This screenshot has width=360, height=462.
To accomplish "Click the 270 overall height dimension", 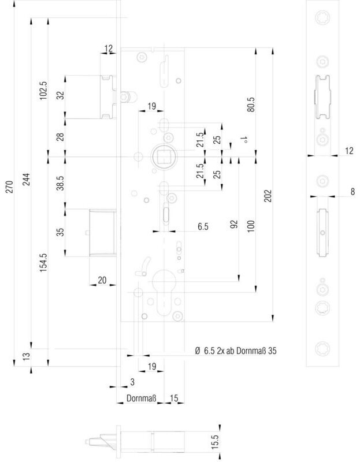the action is pyautogui.click(x=9, y=187).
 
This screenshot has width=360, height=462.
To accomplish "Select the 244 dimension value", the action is pyautogui.click(x=27, y=179).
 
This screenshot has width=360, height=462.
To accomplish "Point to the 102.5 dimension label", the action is pyautogui.click(x=43, y=91).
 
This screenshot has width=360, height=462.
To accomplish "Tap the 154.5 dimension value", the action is pyautogui.click(x=43, y=262).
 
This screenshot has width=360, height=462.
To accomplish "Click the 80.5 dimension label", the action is pyautogui.click(x=251, y=105).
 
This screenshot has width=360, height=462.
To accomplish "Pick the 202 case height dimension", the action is pyautogui.click(x=268, y=196).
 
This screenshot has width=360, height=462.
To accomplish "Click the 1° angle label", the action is pyautogui.click(x=243, y=140).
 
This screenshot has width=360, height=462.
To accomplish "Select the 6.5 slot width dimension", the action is pyautogui.click(x=203, y=226).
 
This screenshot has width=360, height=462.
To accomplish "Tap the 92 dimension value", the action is pyautogui.click(x=234, y=225).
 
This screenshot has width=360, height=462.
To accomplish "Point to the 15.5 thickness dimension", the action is pyautogui.click(x=215, y=442).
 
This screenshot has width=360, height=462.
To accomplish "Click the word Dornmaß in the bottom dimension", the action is pyautogui.click(x=141, y=398).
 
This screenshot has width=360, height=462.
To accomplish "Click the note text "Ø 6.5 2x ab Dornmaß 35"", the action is pyautogui.click(x=236, y=351).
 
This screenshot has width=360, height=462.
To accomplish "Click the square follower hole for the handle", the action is pyautogui.click(x=164, y=156).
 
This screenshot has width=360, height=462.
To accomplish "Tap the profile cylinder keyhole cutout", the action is pyautogui.click(x=164, y=292).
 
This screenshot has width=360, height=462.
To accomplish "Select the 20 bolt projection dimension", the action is pyautogui.click(x=102, y=280).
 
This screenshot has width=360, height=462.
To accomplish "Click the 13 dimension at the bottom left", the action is pyautogui.click(x=27, y=355).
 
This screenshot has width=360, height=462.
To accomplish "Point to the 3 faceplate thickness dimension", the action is pyautogui.click(x=132, y=382).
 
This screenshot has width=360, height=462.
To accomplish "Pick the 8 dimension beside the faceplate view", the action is pyautogui.click(x=352, y=192).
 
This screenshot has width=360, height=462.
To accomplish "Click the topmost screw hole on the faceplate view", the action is pyautogui.click(x=322, y=17).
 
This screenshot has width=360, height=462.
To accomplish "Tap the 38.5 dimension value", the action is pyautogui.click(x=61, y=183).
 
